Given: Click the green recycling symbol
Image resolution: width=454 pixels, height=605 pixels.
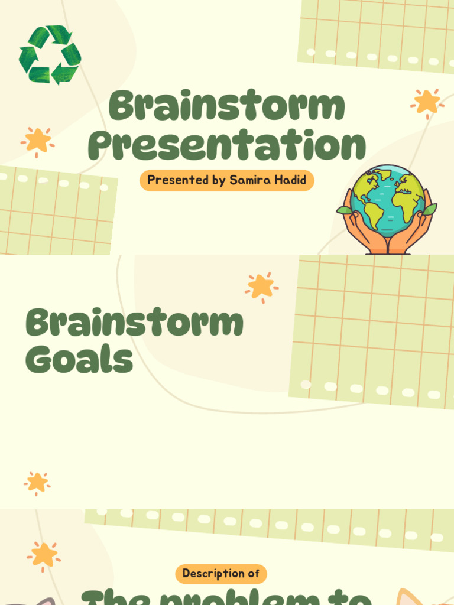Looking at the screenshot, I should pyautogui.click(x=50, y=54).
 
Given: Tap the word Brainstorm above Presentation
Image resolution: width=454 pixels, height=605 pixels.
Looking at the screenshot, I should pyautogui.click(x=227, y=106).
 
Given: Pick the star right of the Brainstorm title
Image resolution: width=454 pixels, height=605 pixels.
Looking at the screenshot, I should pyautogui.click(x=427, y=102).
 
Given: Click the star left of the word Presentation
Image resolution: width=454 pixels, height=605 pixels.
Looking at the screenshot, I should pyautogui.click(x=38, y=141).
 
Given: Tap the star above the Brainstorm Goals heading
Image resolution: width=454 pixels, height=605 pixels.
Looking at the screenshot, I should pyautogui.click(x=261, y=287).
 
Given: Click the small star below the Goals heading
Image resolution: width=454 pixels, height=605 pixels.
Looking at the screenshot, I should pyautogui.click(x=37, y=483).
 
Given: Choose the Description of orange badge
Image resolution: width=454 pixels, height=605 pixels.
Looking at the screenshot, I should pyautogui.click(x=221, y=573).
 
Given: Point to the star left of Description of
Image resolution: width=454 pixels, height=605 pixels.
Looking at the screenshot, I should pyautogui.click(x=44, y=555).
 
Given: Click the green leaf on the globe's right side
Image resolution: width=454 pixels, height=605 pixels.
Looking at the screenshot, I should pyautogui.click(x=429, y=209).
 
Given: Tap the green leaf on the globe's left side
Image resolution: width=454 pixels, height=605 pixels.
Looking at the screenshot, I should pyautogui.click(x=344, y=210).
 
